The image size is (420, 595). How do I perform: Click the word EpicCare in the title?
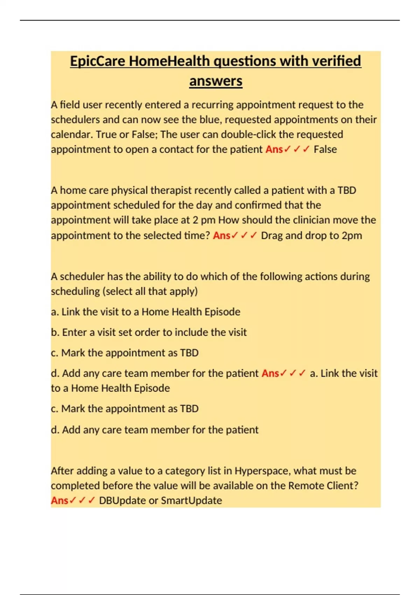(98, 61)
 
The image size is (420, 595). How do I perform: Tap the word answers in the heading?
(216, 81)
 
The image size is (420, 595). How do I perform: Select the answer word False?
(325, 149)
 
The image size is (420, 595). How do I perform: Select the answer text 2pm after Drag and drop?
(352, 236)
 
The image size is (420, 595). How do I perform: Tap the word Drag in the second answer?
(272, 236)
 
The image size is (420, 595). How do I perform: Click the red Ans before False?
(274, 149)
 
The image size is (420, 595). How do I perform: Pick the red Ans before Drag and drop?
(222, 236)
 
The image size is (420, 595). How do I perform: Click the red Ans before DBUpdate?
(59, 500)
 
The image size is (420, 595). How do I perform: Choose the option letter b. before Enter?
(55, 332)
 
